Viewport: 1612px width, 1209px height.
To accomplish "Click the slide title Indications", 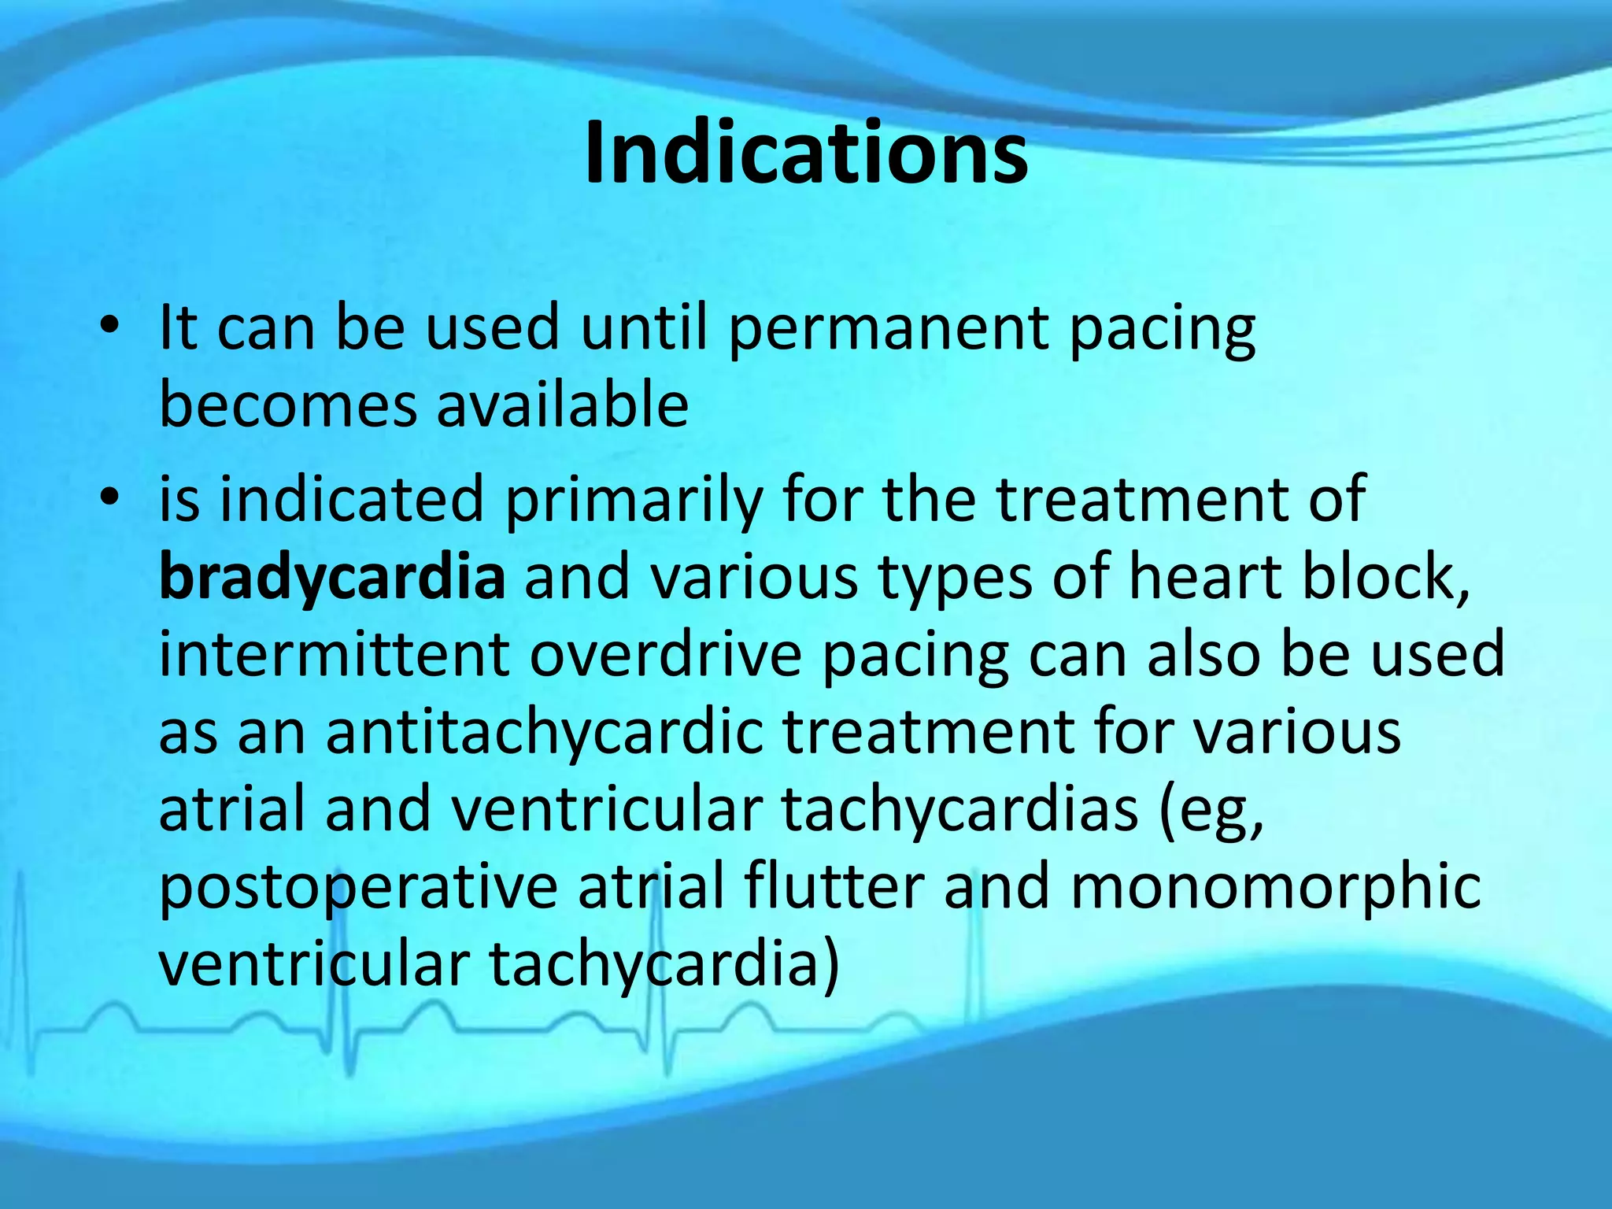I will click(806, 153).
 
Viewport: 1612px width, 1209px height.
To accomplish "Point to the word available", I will click(562, 405).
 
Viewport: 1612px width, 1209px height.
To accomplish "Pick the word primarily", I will click(634, 501).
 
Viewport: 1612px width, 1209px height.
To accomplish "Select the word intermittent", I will click(334, 655).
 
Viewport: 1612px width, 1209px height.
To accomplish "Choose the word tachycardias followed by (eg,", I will click(959, 812).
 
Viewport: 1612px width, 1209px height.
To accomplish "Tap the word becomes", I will click(287, 405).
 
